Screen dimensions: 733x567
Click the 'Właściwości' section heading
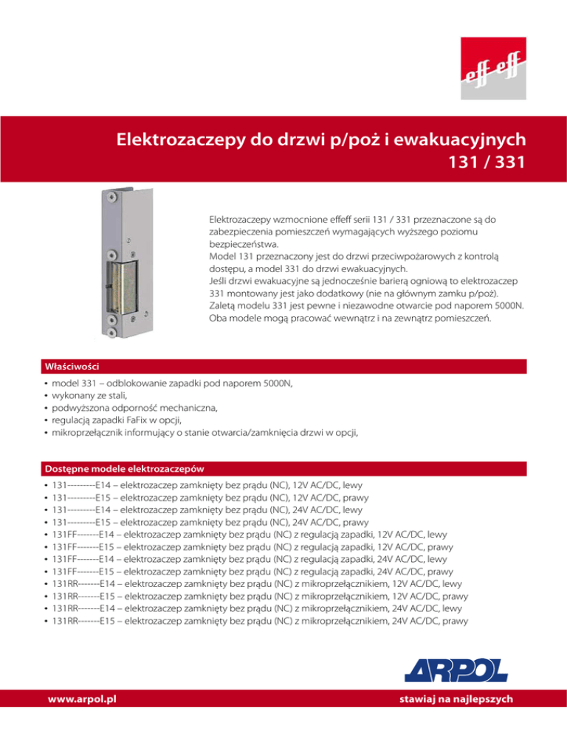[69, 366]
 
